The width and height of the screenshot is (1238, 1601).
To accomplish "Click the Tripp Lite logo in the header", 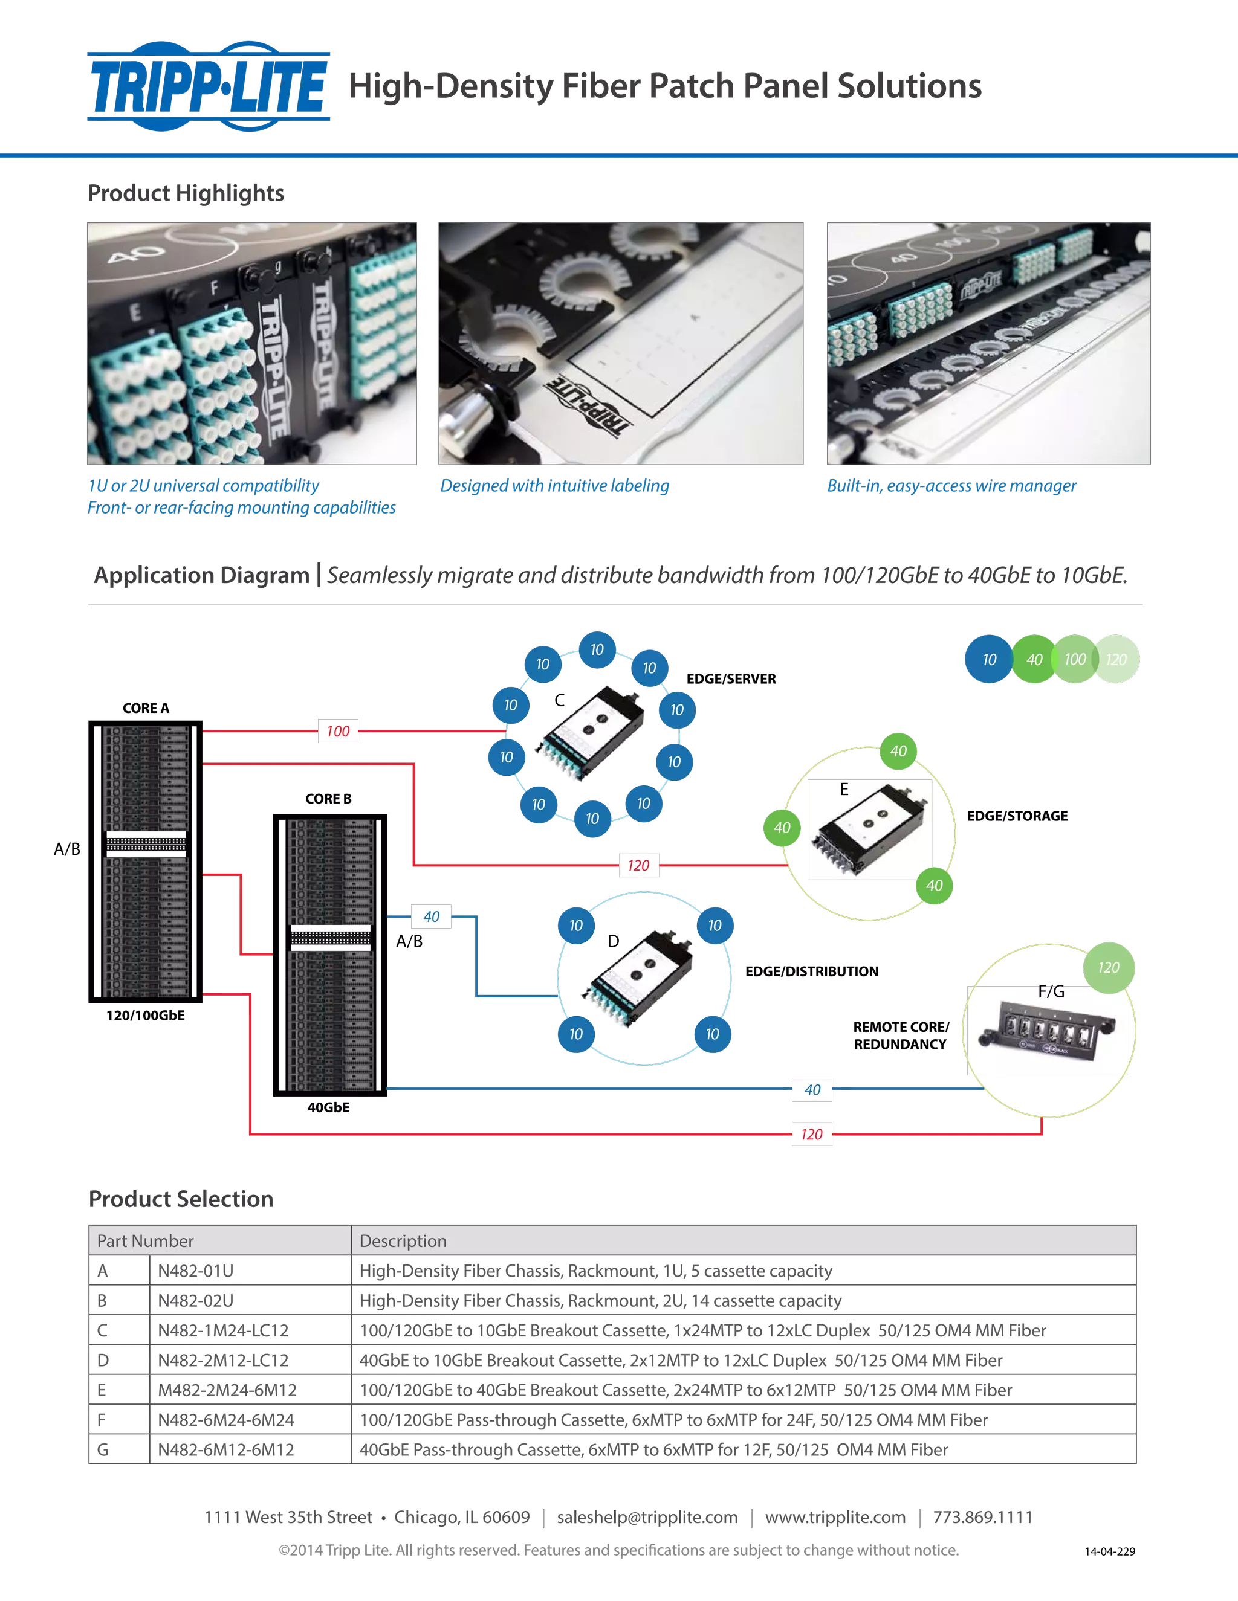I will pos(209,86).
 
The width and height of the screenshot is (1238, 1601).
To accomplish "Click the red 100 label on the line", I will pos(338,731).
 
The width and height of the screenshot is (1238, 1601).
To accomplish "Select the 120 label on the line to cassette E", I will pos(639,865).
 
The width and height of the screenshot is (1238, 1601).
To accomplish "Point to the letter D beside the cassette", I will pos(612,941).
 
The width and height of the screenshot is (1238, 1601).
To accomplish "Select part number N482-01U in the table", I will pos(196,1271).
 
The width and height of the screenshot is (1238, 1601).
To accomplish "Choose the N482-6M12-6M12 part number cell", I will pos(227,1449).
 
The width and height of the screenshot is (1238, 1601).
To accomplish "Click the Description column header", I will pos(403,1240).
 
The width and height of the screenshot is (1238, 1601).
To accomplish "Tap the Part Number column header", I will pos(145,1240).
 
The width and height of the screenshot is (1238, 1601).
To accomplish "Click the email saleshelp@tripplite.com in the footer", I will pos(647,1516).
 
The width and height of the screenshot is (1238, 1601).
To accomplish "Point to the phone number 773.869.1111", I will pos(983,1516).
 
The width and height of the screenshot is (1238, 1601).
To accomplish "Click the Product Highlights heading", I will pos(186,193).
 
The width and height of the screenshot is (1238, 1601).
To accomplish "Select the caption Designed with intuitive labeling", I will pos(554,485).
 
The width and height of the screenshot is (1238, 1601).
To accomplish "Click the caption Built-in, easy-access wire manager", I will pos(951,485).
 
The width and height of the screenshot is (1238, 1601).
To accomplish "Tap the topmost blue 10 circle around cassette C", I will pos(597,649).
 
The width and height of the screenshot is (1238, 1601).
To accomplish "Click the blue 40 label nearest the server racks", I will pos(432,916).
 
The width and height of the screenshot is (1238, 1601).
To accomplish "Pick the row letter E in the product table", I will pos(102,1390).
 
